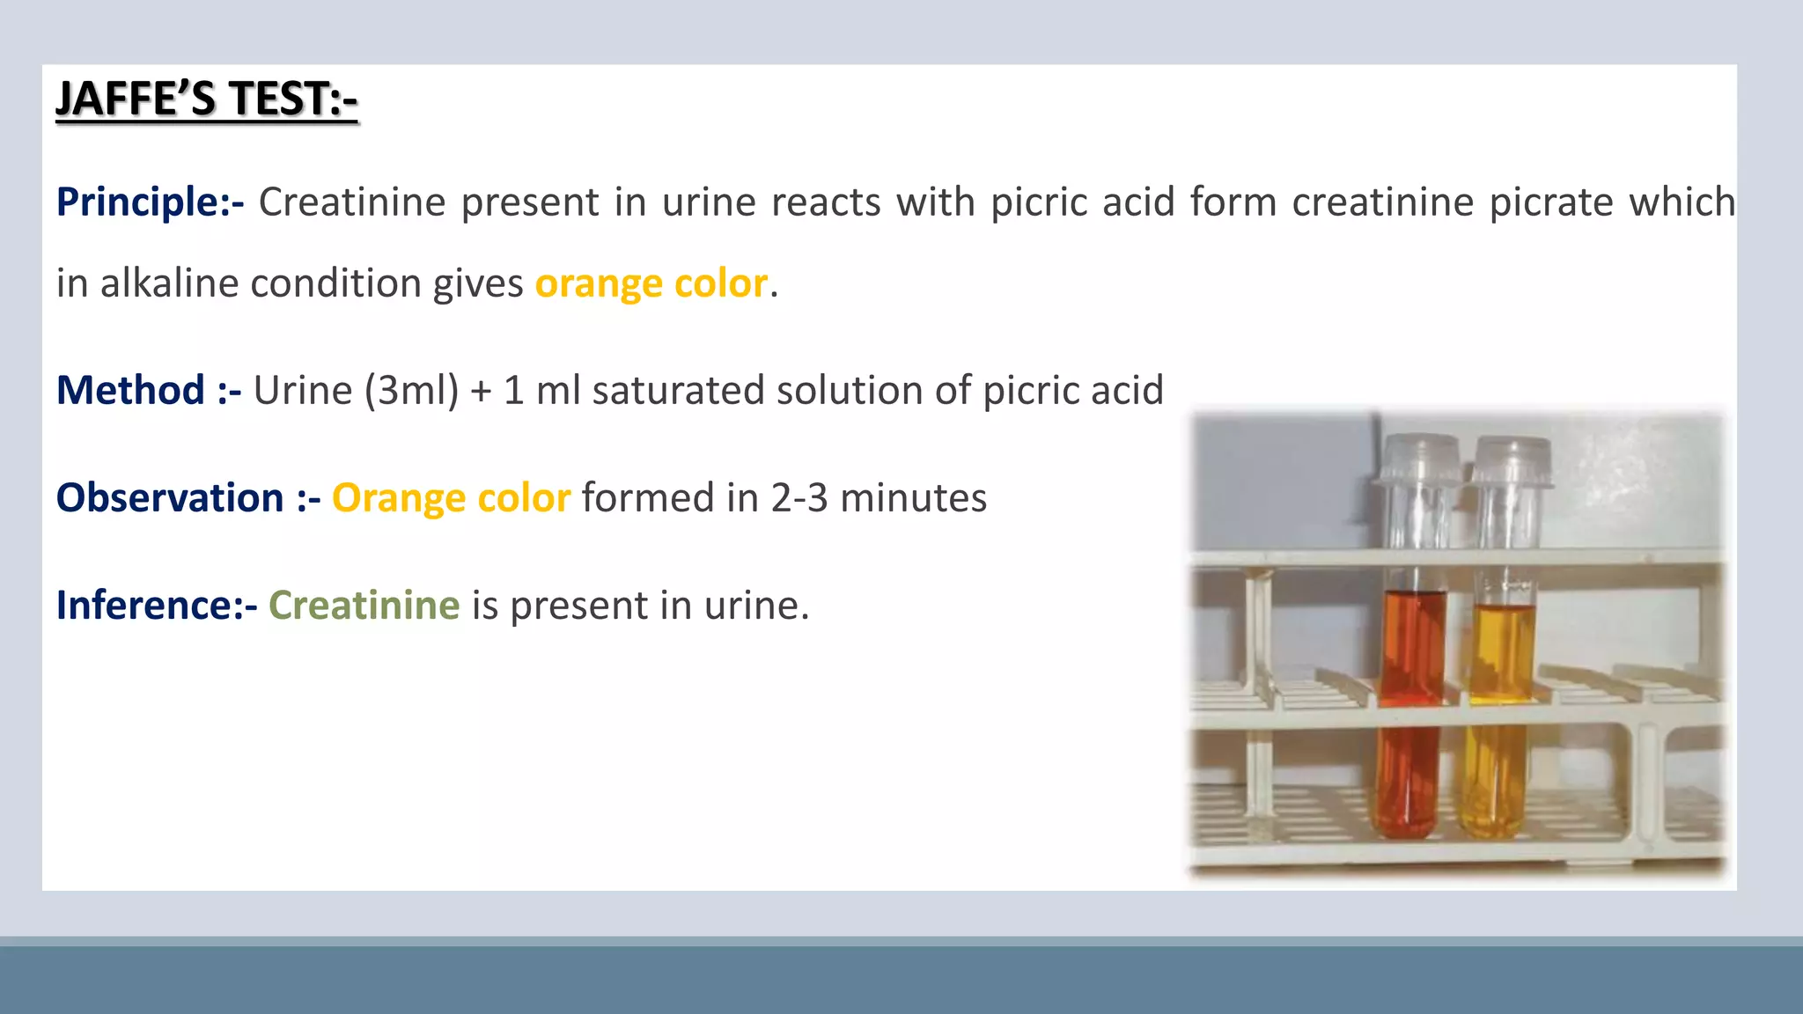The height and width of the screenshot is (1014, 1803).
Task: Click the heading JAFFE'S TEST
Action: pyautogui.click(x=206, y=99)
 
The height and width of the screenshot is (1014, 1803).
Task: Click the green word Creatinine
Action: pyautogui.click(x=364, y=606)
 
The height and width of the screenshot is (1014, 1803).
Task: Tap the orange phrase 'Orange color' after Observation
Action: pyautogui.click(x=451, y=498)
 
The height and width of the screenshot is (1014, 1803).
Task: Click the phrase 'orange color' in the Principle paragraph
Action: pyautogui.click(x=651, y=283)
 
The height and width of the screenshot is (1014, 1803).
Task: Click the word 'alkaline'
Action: pyautogui.click(x=169, y=283)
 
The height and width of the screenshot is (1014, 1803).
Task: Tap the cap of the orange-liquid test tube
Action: pyautogui.click(x=1419, y=458)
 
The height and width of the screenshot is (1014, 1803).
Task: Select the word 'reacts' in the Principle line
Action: pyautogui.click(x=826, y=202)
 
